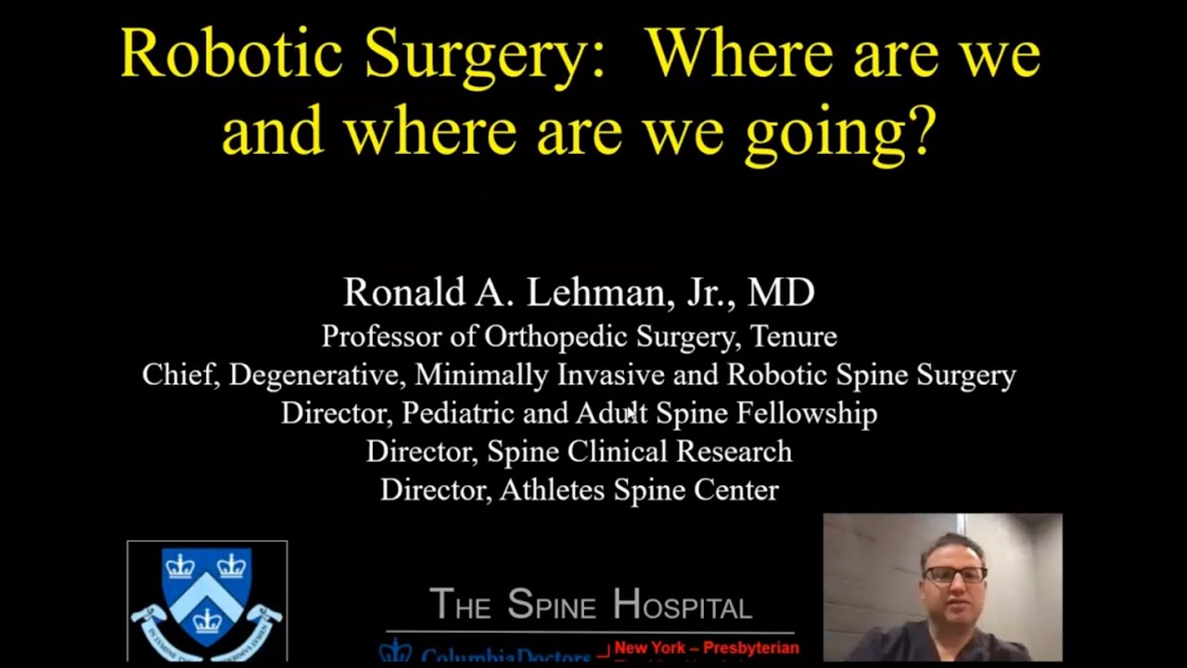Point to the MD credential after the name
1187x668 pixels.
click(781, 292)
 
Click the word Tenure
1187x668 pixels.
click(793, 336)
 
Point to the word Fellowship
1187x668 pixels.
click(807, 414)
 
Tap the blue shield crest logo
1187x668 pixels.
click(207, 598)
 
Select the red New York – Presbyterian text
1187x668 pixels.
click(706, 649)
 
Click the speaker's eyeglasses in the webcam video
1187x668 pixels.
click(954, 575)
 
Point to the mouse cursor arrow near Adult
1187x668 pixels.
click(632, 412)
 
